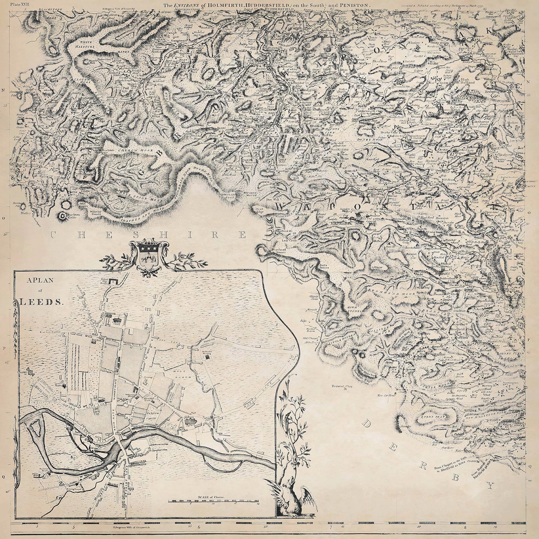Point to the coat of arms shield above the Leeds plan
pos(148,258)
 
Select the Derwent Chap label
pos(342,386)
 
